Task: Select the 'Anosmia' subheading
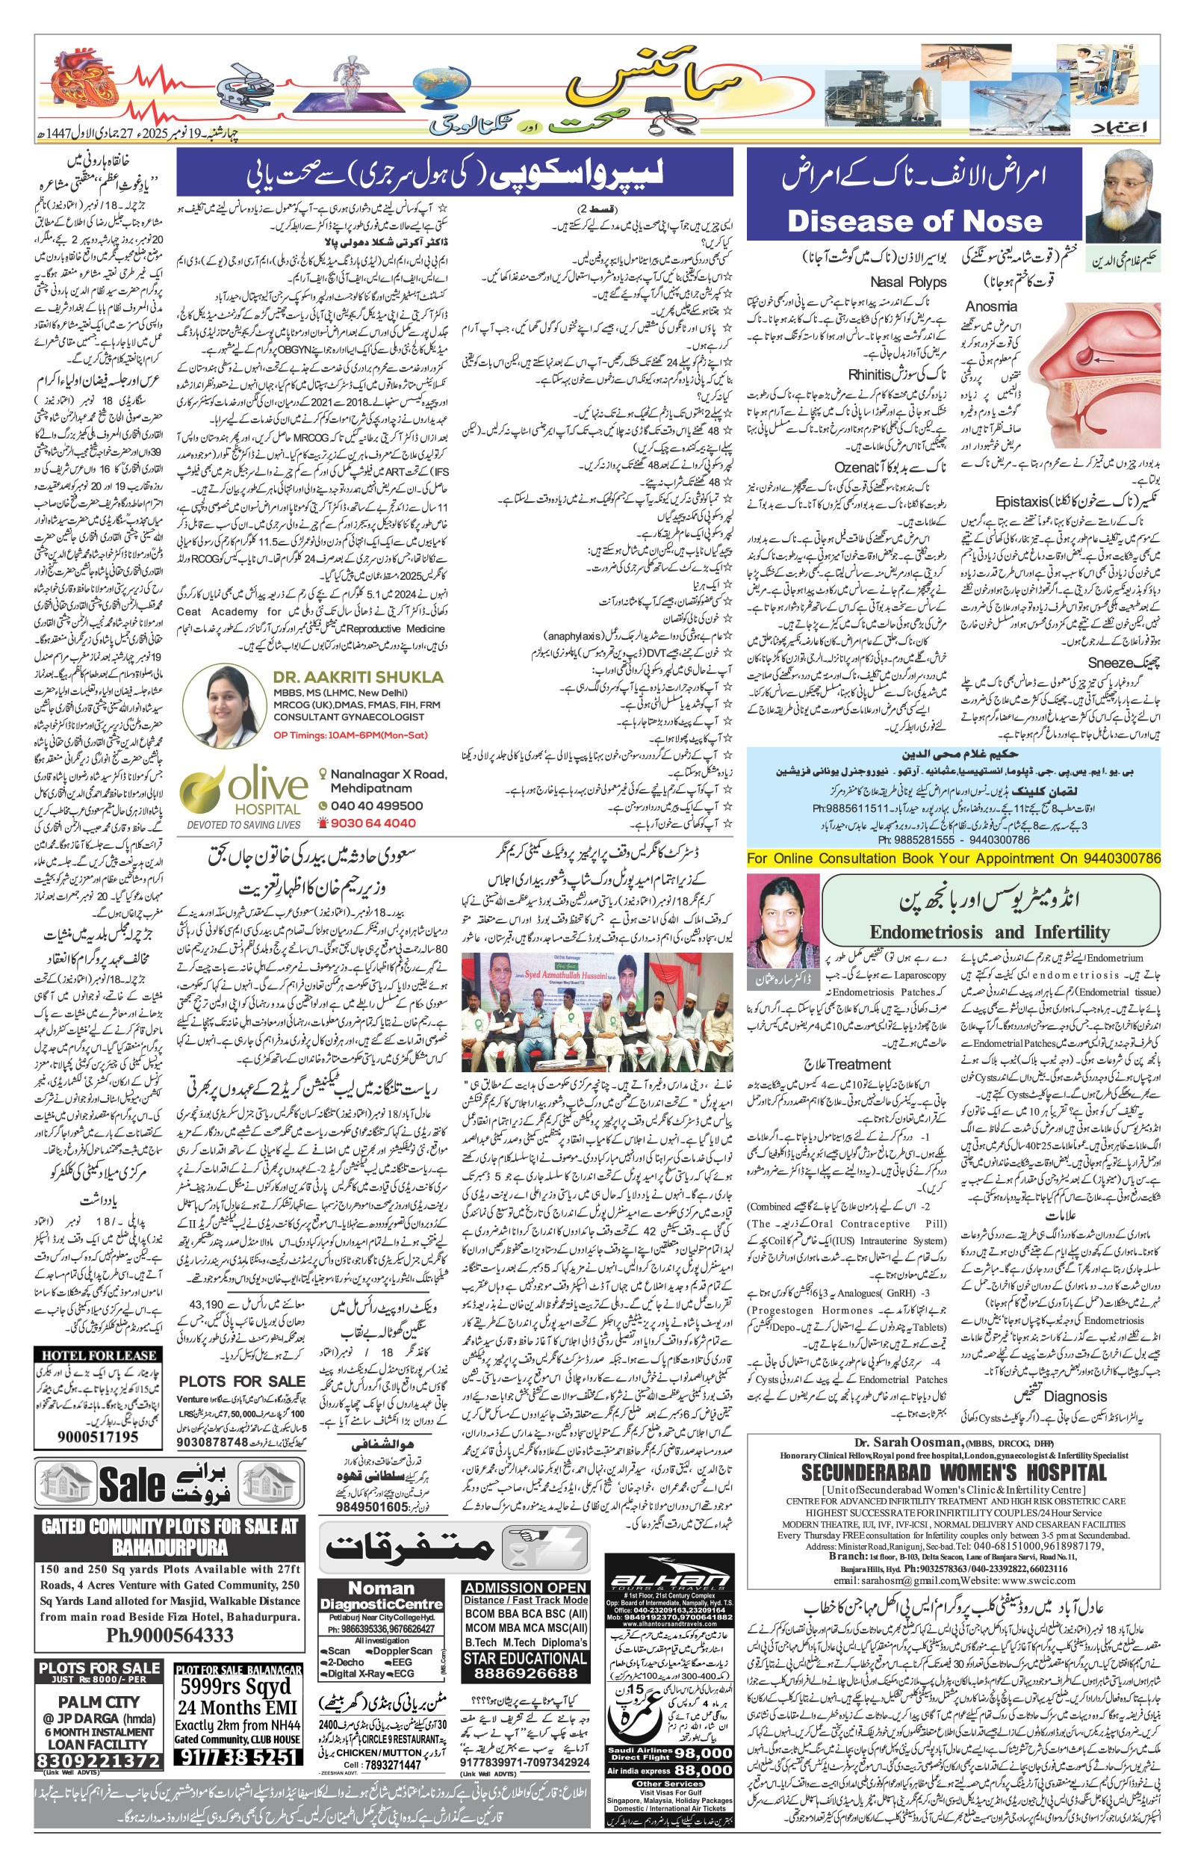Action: [991, 306]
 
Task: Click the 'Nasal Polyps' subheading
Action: [908, 282]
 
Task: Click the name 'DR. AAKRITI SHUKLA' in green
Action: [358, 678]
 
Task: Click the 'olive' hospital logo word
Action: [267, 786]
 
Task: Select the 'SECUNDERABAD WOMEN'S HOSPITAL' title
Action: [954, 1473]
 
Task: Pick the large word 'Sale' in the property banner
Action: [133, 1485]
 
